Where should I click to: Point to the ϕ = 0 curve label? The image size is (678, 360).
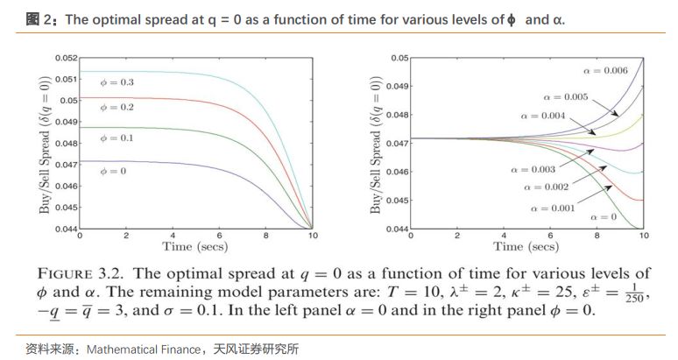click(112, 171)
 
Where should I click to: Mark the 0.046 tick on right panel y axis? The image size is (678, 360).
click(399, 173)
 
